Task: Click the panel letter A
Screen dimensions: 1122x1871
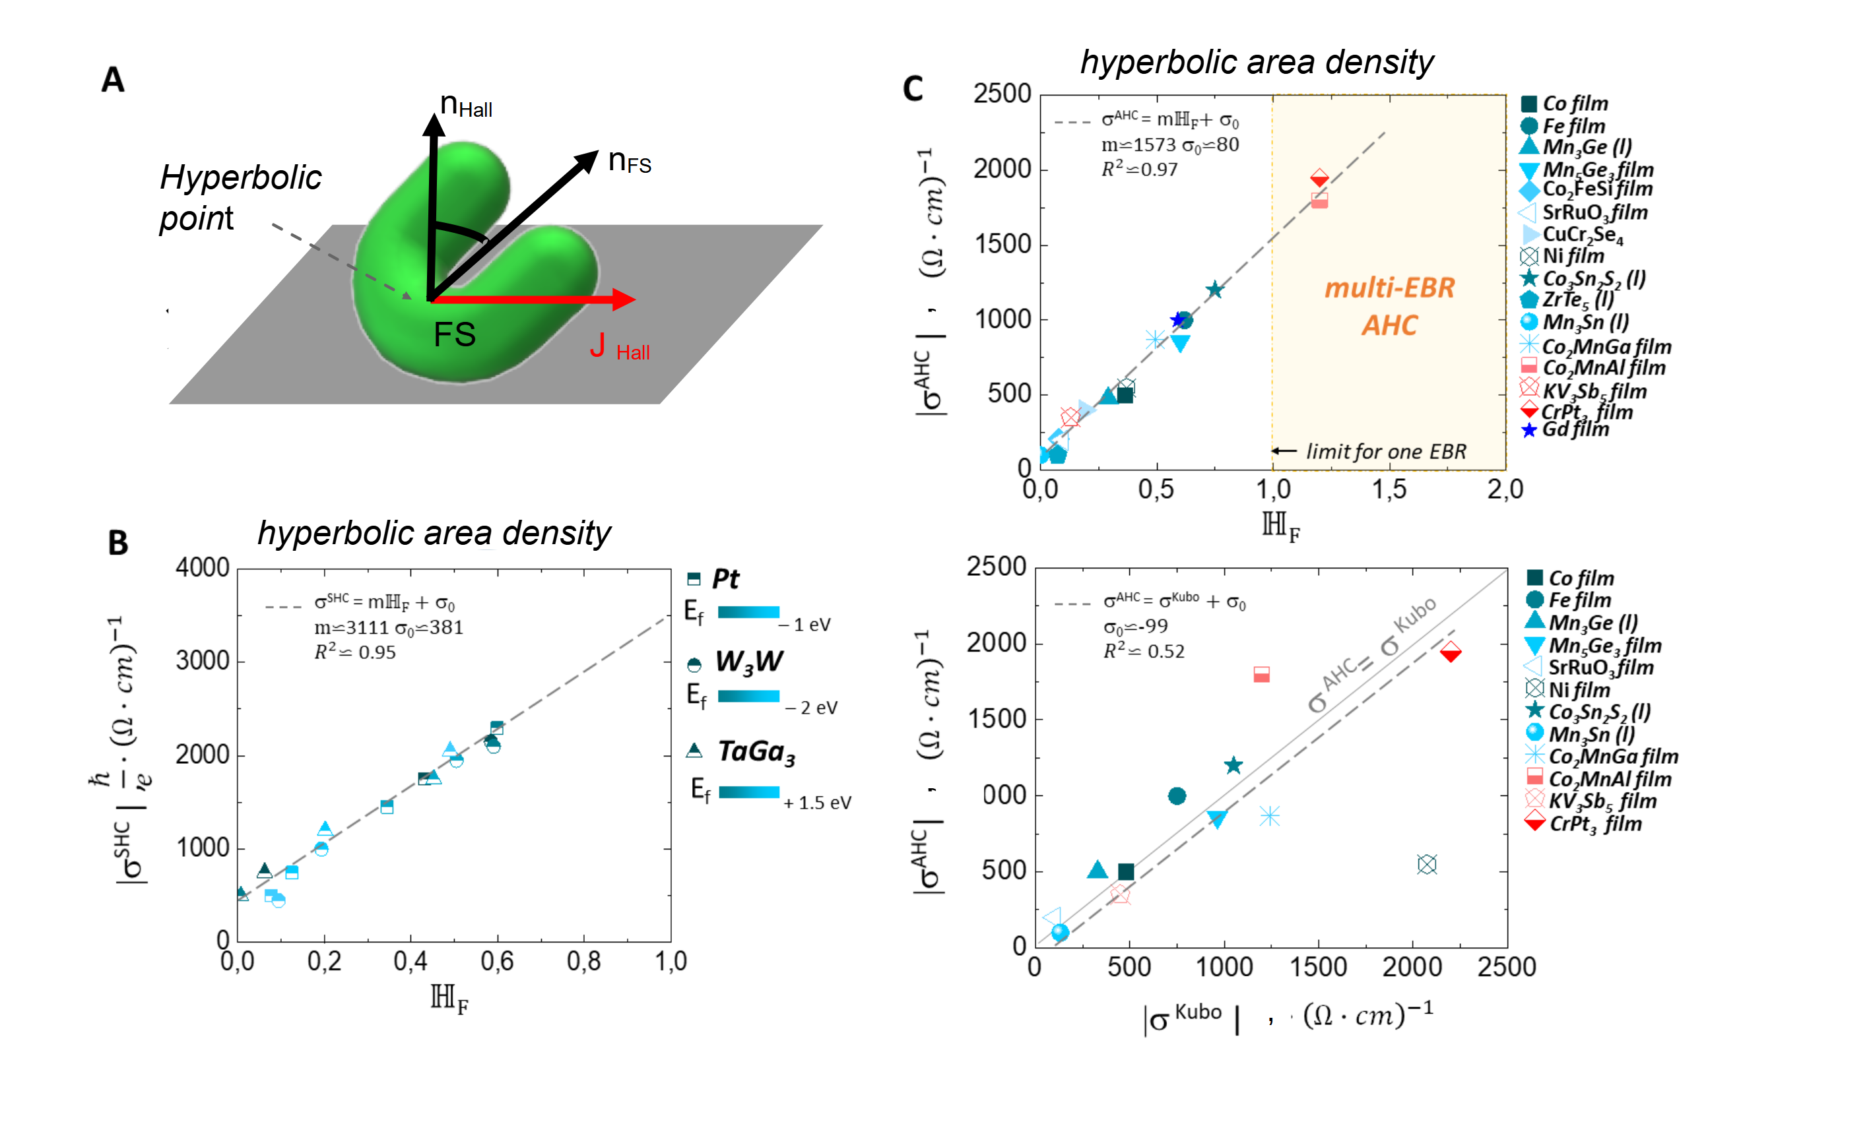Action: point(113,79)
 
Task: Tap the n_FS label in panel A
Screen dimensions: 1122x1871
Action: point(628,161)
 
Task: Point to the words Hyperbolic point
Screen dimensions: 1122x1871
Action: point(239,197)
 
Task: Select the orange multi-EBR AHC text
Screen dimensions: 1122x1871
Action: point(1389,306)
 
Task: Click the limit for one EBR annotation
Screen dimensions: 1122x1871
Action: point(1385,451)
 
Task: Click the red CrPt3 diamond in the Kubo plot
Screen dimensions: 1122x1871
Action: point(1450,652)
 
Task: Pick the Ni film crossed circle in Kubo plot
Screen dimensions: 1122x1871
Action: point(1426,864)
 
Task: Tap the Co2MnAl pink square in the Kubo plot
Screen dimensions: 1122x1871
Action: point(1261,674)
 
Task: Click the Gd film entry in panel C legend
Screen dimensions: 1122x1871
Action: point(1575,429)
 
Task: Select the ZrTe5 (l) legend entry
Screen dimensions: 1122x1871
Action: point(1577,300)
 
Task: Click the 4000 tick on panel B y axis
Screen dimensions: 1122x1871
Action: point(202,568)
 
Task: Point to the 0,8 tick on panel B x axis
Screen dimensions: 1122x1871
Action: point(583,961)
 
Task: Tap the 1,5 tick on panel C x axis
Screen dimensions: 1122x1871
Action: point(1389,490)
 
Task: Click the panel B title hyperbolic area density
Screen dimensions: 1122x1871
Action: point(434,533)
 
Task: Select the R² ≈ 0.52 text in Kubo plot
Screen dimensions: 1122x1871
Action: point(1144,651)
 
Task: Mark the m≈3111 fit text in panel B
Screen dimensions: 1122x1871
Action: point(389,627)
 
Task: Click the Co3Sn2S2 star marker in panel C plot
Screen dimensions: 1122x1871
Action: point(1214,290)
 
